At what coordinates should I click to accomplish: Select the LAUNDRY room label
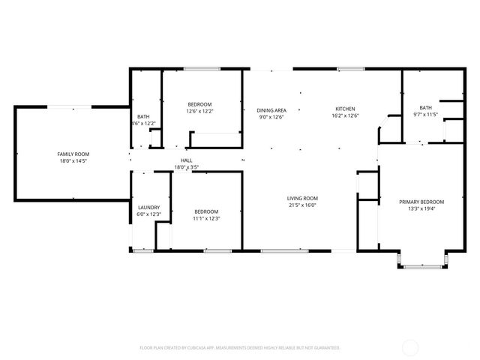pyautogui.click(x=148, y=208)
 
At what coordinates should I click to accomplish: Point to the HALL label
pyautogui.click(x=186, y=160)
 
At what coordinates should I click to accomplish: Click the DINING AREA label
pyautogui.click(x=271, y=110)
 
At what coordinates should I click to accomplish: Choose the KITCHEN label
pyautogui.click(x=345, y=109)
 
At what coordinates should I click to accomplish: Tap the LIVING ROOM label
pyautogui.click(x=302, y=198)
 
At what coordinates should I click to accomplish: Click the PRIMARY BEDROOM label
pyautogui.click(x=421, y=202)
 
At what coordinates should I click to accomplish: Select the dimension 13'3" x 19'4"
pyautogui.click(x=421, y=209)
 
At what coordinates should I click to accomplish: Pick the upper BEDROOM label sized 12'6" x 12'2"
pyautogui.click(x=199, y=104)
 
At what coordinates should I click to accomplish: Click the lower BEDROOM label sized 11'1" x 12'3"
pyautogui.click(x=206, y=211)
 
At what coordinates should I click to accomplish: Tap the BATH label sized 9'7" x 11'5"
pyautogui.click(x=426, y=107)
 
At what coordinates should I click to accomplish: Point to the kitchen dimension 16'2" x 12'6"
pyautogui.click(x=345, y=116)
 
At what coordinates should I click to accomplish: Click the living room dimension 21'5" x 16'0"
pyautogui.click(x=302, y=205)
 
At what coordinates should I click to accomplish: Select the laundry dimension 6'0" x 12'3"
pyautogui.click(x=148, y=214)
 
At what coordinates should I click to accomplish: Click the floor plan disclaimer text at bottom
pyautogui.click(x=240, y=348)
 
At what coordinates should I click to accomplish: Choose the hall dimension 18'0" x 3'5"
pyautogui.click(x=186, y=166)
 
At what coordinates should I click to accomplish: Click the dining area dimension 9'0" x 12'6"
pyautogui.click(x=271, y=117)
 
